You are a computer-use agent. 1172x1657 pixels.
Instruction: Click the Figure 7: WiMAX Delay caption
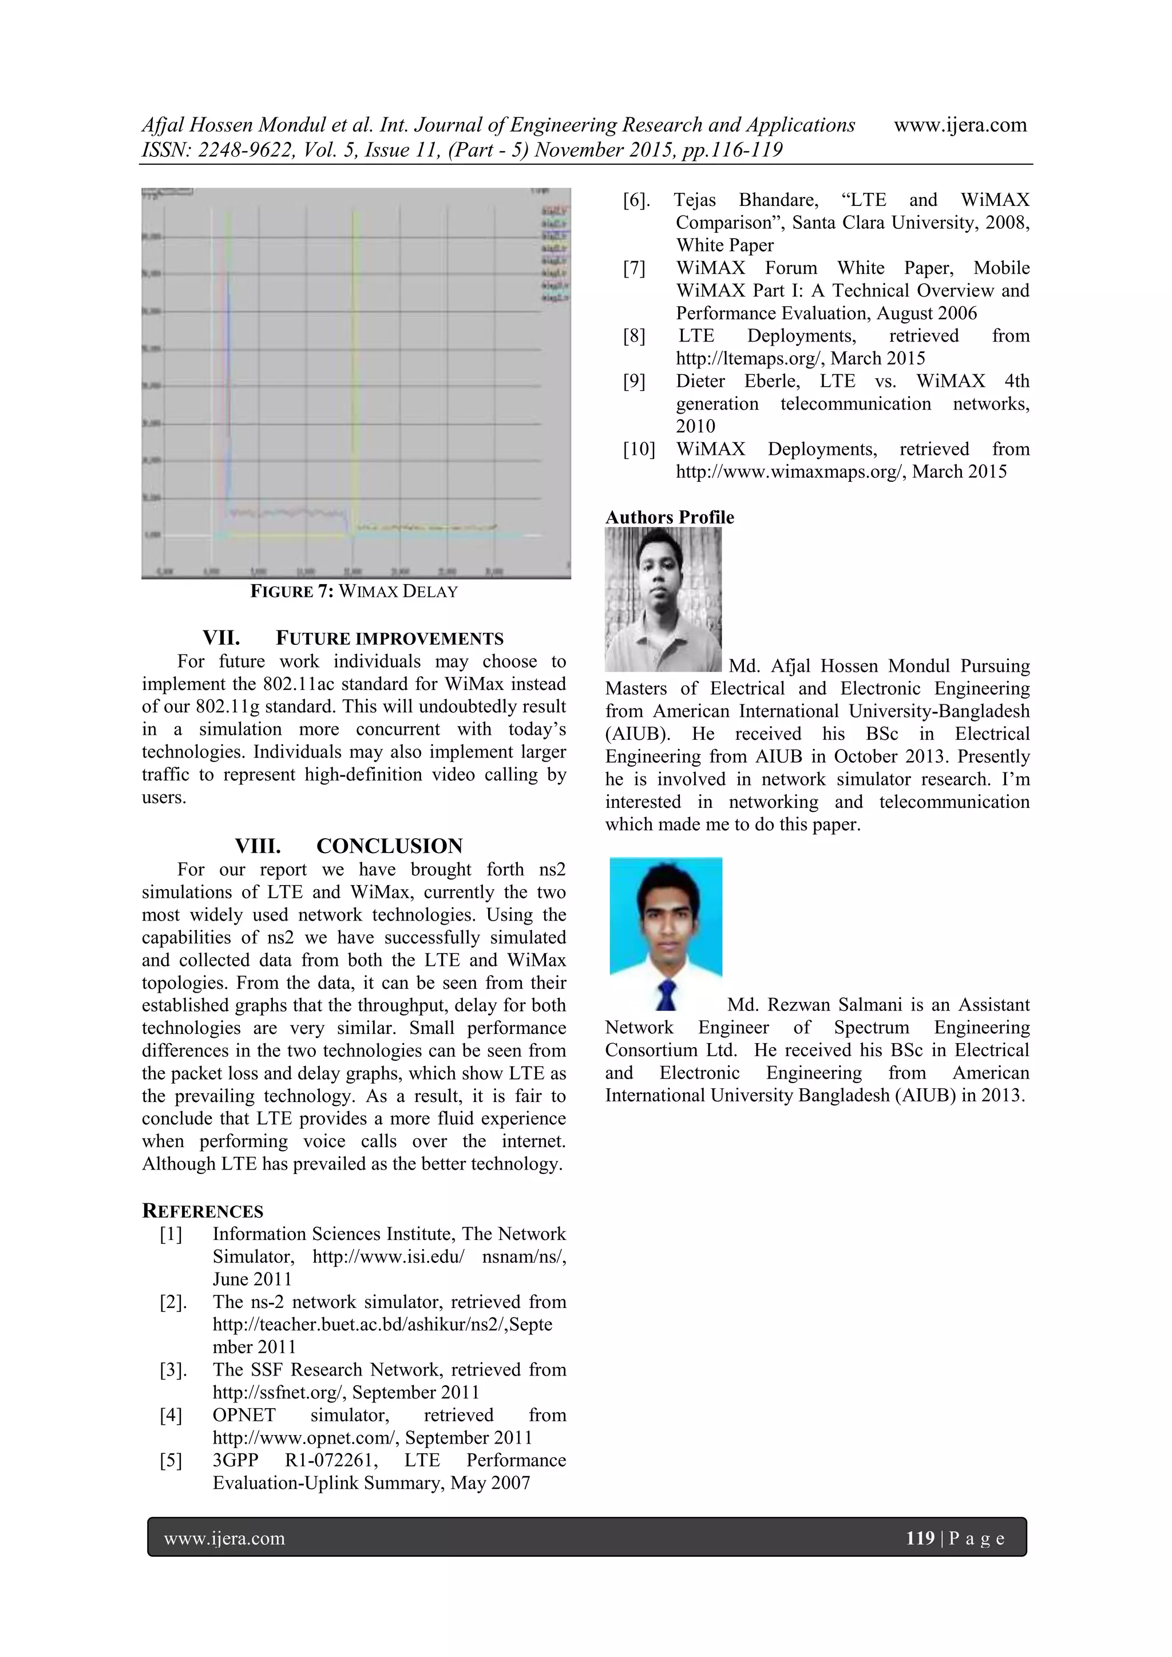click(354, 592)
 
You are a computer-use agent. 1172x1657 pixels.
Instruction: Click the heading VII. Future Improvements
click(353, 639)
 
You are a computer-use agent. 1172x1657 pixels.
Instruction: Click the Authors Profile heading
click(669, 517)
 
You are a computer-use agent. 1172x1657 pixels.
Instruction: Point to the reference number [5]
click(171, 1460)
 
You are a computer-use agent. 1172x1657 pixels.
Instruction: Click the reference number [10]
click(639, 449)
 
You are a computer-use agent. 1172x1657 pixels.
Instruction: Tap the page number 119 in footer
click(920, 1538)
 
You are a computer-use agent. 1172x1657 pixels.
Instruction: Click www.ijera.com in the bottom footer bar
click(224, 1539)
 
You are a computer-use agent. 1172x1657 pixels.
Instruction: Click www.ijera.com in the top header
click(960, 125)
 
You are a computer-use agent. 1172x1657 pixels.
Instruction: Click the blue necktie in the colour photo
click(666, 994)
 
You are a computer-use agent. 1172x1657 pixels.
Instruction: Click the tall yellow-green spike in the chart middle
click(355, 361)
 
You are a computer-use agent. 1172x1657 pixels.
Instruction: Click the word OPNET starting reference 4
click(244, 1415)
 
